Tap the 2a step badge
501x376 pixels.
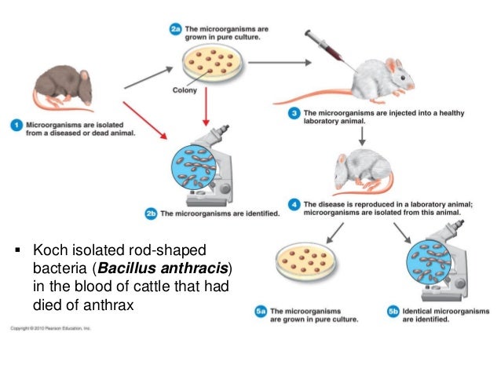point(177,29)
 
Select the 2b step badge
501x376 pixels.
point(153,213)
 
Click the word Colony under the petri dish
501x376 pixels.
point(185,90)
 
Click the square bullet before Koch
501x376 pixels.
point(18,253)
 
